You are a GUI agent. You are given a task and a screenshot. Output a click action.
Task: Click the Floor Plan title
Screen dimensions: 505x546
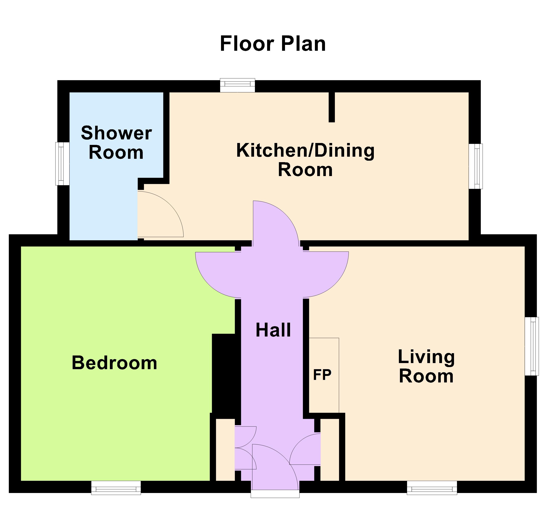click(273, 44)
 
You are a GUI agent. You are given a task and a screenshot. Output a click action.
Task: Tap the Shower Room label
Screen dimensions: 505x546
click(116, 143)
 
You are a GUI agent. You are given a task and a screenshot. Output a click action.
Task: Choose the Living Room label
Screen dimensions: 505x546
click(426, 366)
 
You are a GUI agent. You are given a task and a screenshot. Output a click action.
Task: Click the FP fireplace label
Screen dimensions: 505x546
click(322, 375)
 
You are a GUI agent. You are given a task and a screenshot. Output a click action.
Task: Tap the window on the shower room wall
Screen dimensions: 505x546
click(62, 163)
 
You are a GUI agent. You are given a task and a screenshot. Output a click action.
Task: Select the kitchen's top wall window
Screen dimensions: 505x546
click(238, 85)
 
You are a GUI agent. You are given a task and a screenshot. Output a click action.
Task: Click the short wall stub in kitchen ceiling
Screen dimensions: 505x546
click(332, 107)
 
